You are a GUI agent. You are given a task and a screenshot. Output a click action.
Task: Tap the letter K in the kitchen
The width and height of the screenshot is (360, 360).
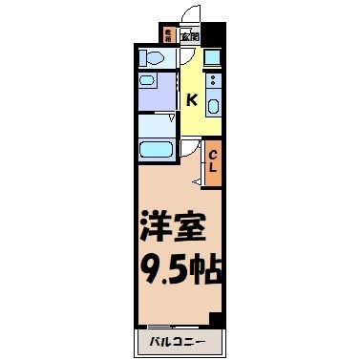pos(192,99)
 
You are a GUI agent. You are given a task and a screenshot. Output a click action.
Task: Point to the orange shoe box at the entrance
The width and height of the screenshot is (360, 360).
pos(168,37)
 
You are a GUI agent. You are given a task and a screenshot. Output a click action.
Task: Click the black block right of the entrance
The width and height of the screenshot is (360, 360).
pos(214,40)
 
